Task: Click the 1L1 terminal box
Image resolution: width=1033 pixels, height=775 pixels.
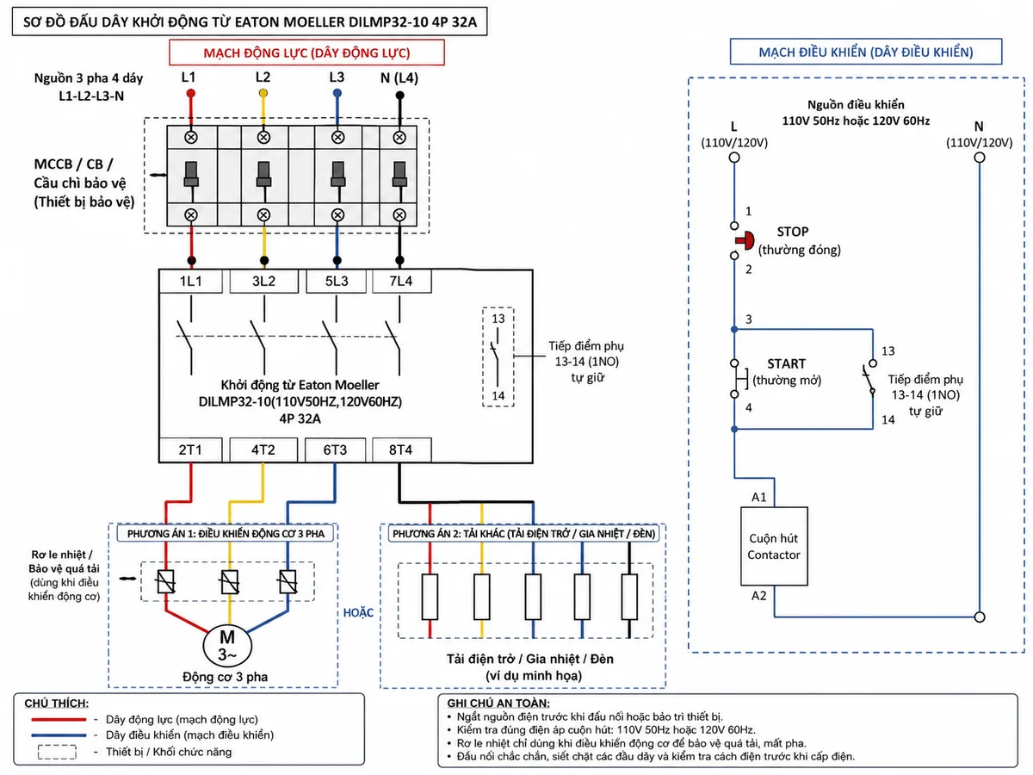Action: click(x=190, y=282)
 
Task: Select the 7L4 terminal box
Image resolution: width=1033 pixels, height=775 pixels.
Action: click(x=401, y=282)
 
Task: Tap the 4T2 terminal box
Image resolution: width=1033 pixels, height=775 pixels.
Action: click(x=263, y=449)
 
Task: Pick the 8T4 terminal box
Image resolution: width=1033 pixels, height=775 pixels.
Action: click(x=401, y=449)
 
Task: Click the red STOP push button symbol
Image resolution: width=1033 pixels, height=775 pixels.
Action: click(x=745, y=240)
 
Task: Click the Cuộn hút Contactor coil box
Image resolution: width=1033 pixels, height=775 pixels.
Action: click(x=774, y=546)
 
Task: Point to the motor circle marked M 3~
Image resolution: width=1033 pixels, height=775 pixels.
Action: click(x=227, y=646)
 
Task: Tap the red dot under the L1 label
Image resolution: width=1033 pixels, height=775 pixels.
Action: click(x=190, y=94)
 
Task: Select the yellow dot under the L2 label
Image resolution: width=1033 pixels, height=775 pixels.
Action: click(x=263, y=93)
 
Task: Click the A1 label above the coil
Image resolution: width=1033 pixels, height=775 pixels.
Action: click(x=758, y=497)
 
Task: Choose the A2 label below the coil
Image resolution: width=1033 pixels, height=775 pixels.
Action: click(x=758, y=596)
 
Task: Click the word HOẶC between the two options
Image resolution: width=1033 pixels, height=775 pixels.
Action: click(x=358, y=612)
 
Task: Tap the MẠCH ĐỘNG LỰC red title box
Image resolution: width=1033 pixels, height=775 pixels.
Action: click(x=306, y=53)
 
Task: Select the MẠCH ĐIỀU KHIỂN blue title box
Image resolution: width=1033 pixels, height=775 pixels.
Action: click(x=866, y=52)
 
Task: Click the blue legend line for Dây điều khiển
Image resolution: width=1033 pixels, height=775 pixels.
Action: click(x=59, y=735)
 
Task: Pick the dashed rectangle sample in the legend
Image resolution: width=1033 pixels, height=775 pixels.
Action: click(x=57, y=752)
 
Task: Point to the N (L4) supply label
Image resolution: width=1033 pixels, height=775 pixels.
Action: click(x=399, y=77)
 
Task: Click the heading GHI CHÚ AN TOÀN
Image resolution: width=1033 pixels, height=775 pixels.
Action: click(x=498, y=703)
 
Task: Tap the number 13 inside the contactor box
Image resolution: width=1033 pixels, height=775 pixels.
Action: click(x=498, y=319)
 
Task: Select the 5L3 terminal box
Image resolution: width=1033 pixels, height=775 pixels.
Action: click(x=336, y=282)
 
